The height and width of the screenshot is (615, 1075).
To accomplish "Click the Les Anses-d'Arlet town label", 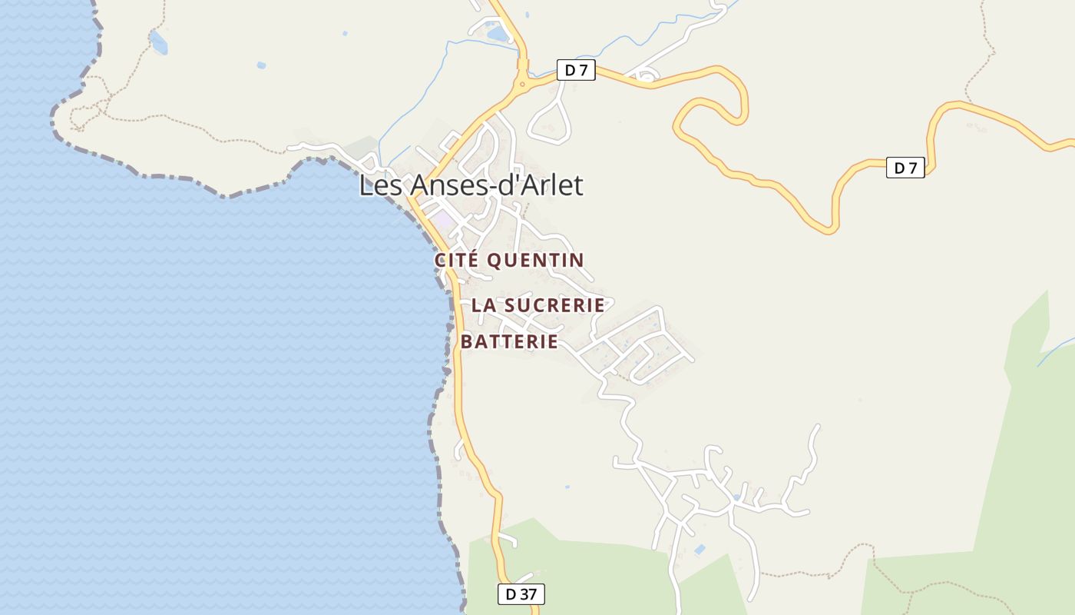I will [471, 185].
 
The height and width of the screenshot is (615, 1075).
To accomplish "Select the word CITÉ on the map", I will [458, 261].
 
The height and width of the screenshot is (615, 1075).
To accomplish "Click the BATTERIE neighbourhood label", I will [509, 342].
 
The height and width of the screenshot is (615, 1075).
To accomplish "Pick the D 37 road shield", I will [521, 594].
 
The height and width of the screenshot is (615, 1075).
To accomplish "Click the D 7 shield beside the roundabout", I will [576, 71].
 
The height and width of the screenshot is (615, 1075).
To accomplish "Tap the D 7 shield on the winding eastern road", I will [905, 168].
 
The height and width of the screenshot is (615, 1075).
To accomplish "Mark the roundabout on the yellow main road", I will [522, 84].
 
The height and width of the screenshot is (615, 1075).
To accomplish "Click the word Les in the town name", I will [382, 185].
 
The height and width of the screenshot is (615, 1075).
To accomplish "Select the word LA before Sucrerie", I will [483, 305].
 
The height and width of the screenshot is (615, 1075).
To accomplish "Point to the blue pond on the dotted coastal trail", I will [158, 42].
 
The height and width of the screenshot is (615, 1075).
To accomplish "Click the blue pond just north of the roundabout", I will [498, 33].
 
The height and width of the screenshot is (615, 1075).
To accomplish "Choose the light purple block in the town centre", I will [442, 220].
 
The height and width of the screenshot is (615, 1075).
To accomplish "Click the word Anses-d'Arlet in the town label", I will [497, 185].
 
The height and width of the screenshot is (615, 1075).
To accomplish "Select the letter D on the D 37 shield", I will [511, 594].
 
